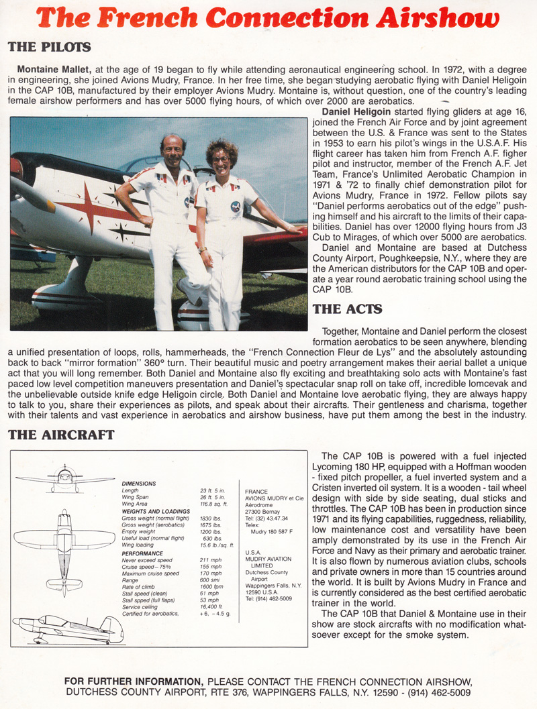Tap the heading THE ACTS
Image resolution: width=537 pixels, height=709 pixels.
[x=347, y=309]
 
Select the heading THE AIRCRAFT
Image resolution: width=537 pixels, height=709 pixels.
[x=61, y=435]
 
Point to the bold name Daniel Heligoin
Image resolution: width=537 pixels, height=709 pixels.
[x=356, y=111]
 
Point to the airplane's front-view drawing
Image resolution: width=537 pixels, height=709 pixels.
[x=64, y=478]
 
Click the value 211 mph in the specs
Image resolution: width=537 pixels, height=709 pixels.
[x=210, y=560]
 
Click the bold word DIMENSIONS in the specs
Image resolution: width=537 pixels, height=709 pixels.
[x=139, y=483]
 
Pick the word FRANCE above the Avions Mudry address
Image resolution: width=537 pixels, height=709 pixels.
[x=256, y=491]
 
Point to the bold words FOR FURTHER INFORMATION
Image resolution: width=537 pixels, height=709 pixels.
[x=135, y=681]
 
